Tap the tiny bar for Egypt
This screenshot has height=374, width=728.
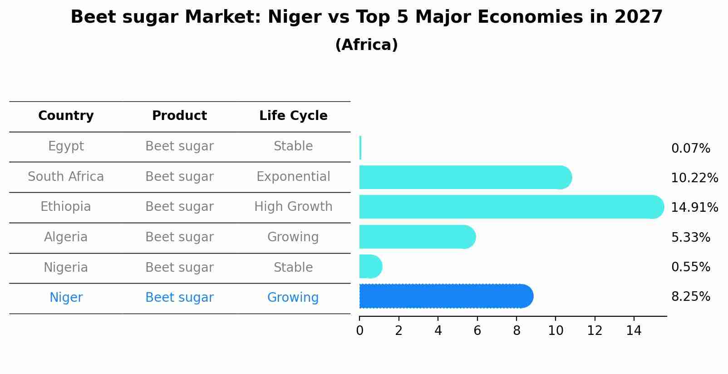coord(360,148)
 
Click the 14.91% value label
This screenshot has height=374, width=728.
coord(694,208)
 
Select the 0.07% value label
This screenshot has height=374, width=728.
coord(690,149)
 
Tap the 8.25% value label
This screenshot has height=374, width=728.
coord(690,297)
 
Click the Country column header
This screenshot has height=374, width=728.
coord(66,116)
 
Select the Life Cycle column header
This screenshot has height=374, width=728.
coord(293,116)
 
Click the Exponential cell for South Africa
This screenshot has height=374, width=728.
coord(293,177)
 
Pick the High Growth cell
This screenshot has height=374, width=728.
coord(293,207)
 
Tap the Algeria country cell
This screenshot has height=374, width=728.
coord(66,237)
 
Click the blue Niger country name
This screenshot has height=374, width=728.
coord(66,298)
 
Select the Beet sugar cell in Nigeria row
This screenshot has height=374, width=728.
coord(179,268)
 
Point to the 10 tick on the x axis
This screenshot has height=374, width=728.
coord(556,330)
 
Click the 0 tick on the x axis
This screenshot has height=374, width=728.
coord(359,330)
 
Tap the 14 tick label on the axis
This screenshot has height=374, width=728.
coord(634,330)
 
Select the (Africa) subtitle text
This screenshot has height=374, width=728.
coord(366,45)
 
